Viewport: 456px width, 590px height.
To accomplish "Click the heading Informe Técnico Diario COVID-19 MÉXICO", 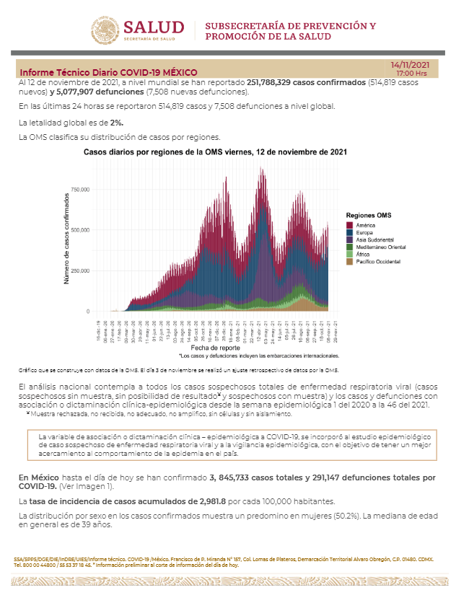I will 108,73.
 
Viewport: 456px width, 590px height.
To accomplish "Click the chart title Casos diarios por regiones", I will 215,152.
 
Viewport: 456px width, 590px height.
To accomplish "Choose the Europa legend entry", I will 366,232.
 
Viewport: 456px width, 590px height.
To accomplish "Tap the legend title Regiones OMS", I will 368,216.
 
